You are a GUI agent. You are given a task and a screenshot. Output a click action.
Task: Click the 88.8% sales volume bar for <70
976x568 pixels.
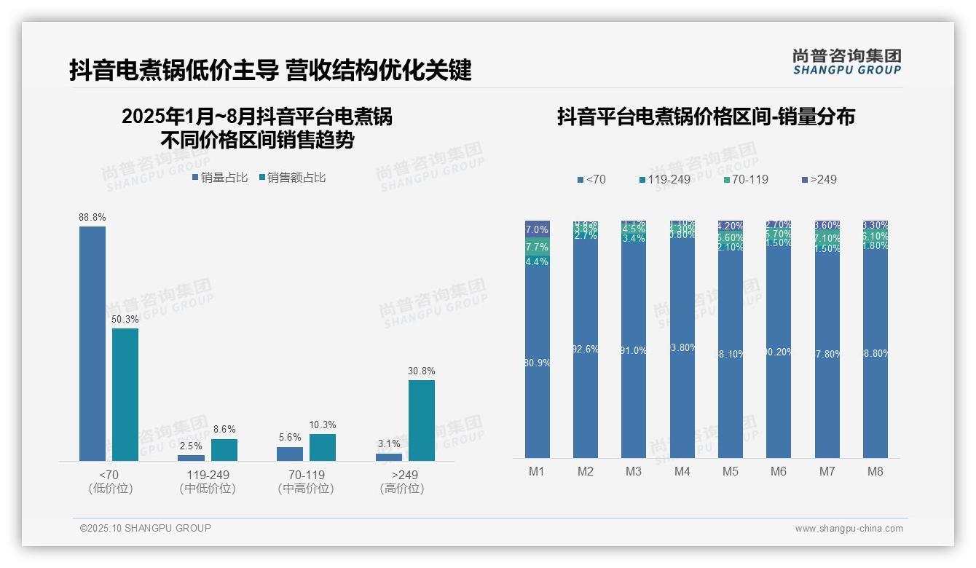pos(93,343)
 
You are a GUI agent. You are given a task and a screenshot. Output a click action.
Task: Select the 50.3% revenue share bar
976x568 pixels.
pos(125,394)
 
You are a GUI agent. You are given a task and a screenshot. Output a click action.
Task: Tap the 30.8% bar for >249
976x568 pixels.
pos(422,420)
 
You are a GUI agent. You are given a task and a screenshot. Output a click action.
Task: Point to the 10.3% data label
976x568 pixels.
pos(323,425)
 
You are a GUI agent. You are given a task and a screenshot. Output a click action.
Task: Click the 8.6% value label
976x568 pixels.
pos(224,430)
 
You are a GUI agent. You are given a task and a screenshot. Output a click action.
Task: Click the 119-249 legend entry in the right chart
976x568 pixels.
pos(664,179)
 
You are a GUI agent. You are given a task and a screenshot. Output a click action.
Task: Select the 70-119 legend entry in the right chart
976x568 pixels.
pos(745,179)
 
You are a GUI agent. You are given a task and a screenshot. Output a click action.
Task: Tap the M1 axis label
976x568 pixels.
pos(537,471)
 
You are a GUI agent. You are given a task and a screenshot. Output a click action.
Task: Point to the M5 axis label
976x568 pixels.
pos(731,471)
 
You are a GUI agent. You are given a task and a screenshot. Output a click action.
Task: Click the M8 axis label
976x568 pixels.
pos(875,471)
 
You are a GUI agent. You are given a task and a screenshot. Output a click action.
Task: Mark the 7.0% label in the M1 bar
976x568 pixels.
pos(537,229)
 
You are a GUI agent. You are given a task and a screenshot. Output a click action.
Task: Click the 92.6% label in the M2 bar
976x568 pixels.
pos(586,349)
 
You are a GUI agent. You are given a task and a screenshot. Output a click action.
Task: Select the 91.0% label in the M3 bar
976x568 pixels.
pos(634,350)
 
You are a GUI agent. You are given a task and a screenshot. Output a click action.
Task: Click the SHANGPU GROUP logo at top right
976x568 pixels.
pos(847,62)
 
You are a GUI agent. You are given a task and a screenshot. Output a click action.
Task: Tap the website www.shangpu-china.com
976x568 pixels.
pos(849,529)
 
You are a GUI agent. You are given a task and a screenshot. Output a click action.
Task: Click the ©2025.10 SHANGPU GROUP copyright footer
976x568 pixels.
pos(146,528)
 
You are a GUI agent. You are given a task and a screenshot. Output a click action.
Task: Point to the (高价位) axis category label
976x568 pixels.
pos(402,489)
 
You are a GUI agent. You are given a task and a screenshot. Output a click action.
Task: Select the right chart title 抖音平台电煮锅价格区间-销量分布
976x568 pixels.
pos(706,117)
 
